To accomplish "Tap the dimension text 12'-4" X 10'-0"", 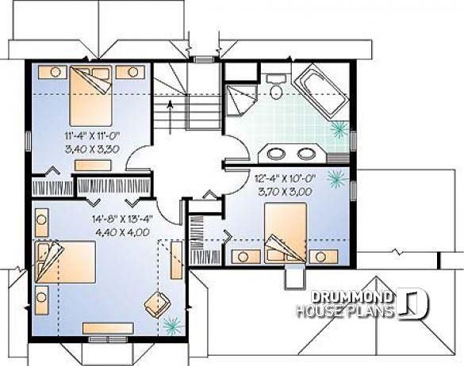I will [x=286, y=178].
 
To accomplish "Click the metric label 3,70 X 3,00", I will [x=286, y=191].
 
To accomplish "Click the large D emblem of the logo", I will [x=413, y=304].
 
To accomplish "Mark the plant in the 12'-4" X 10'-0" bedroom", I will [x=336, y=181].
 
